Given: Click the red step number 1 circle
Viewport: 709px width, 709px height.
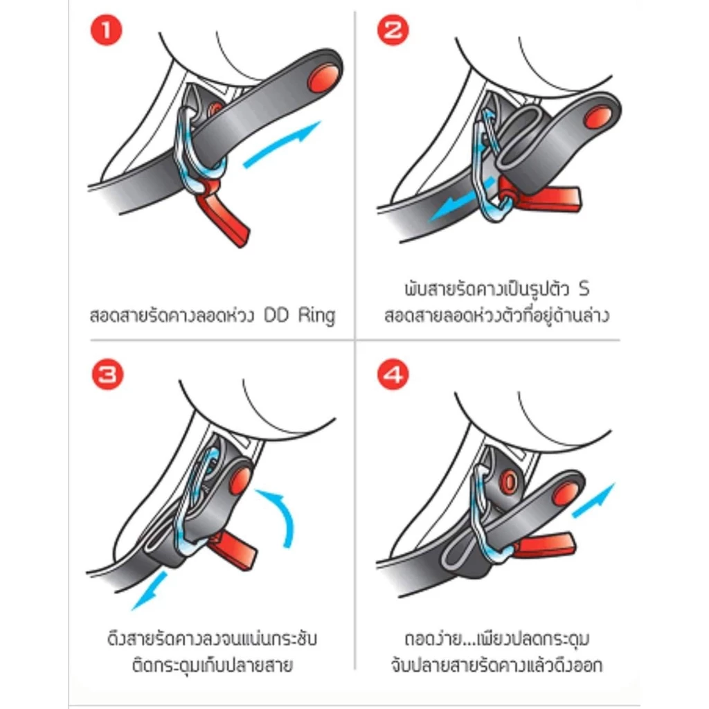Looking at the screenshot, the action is [107, 30].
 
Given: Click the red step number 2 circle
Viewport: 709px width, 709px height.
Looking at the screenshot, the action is [393, 30].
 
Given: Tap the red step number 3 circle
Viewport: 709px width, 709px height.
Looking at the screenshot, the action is [107, 375].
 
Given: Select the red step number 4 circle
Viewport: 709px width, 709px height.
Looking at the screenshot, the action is [393, 375].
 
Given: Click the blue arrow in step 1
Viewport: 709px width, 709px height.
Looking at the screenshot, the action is [281, 144].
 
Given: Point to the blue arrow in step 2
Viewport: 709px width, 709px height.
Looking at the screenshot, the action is [460, 199].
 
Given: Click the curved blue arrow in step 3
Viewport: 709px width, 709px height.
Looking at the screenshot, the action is [281, 513].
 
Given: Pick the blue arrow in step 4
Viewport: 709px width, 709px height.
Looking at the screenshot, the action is [593, 500].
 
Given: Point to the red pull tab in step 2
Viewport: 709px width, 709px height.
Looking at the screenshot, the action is [541, 197].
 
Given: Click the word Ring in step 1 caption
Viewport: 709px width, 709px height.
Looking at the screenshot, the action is [316, 315].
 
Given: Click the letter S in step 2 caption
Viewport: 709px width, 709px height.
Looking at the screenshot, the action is [584, 289].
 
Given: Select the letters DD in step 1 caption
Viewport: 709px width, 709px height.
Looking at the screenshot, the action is [276, 315].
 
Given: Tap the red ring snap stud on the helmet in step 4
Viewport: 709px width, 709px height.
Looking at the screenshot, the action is [509, 482].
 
